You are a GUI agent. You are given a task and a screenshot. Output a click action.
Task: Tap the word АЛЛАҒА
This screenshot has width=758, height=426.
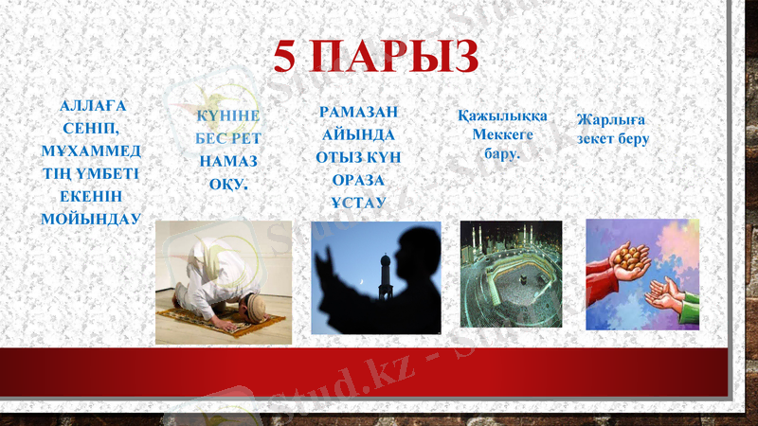click(x=92, y=105)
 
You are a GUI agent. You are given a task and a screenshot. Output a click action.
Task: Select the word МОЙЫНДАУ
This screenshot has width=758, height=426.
click(x=91, y=219)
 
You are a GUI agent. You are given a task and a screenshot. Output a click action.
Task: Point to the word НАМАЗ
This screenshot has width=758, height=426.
click(x=228, y=162)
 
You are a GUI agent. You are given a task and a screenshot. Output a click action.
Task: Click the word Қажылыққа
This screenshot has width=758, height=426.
click(x=502, y=116)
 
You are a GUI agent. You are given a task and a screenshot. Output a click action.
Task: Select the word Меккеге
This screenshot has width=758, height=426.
click(x=502, y=134)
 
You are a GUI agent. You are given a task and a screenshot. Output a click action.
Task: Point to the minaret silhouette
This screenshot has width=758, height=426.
click(x=384, y=279)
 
